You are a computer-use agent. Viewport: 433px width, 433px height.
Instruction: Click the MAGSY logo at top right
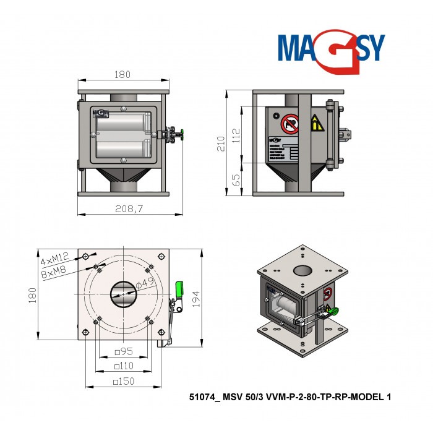[331, 48]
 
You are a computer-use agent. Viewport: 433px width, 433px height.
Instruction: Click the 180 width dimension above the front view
[123, 74]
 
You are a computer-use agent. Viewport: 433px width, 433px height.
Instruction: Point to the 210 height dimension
[229, 144]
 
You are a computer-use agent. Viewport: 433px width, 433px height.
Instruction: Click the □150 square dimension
[123, 382]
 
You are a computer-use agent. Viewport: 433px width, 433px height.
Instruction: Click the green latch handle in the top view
[180, 289]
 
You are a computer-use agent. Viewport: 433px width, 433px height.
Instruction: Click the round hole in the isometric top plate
[302, 271]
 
